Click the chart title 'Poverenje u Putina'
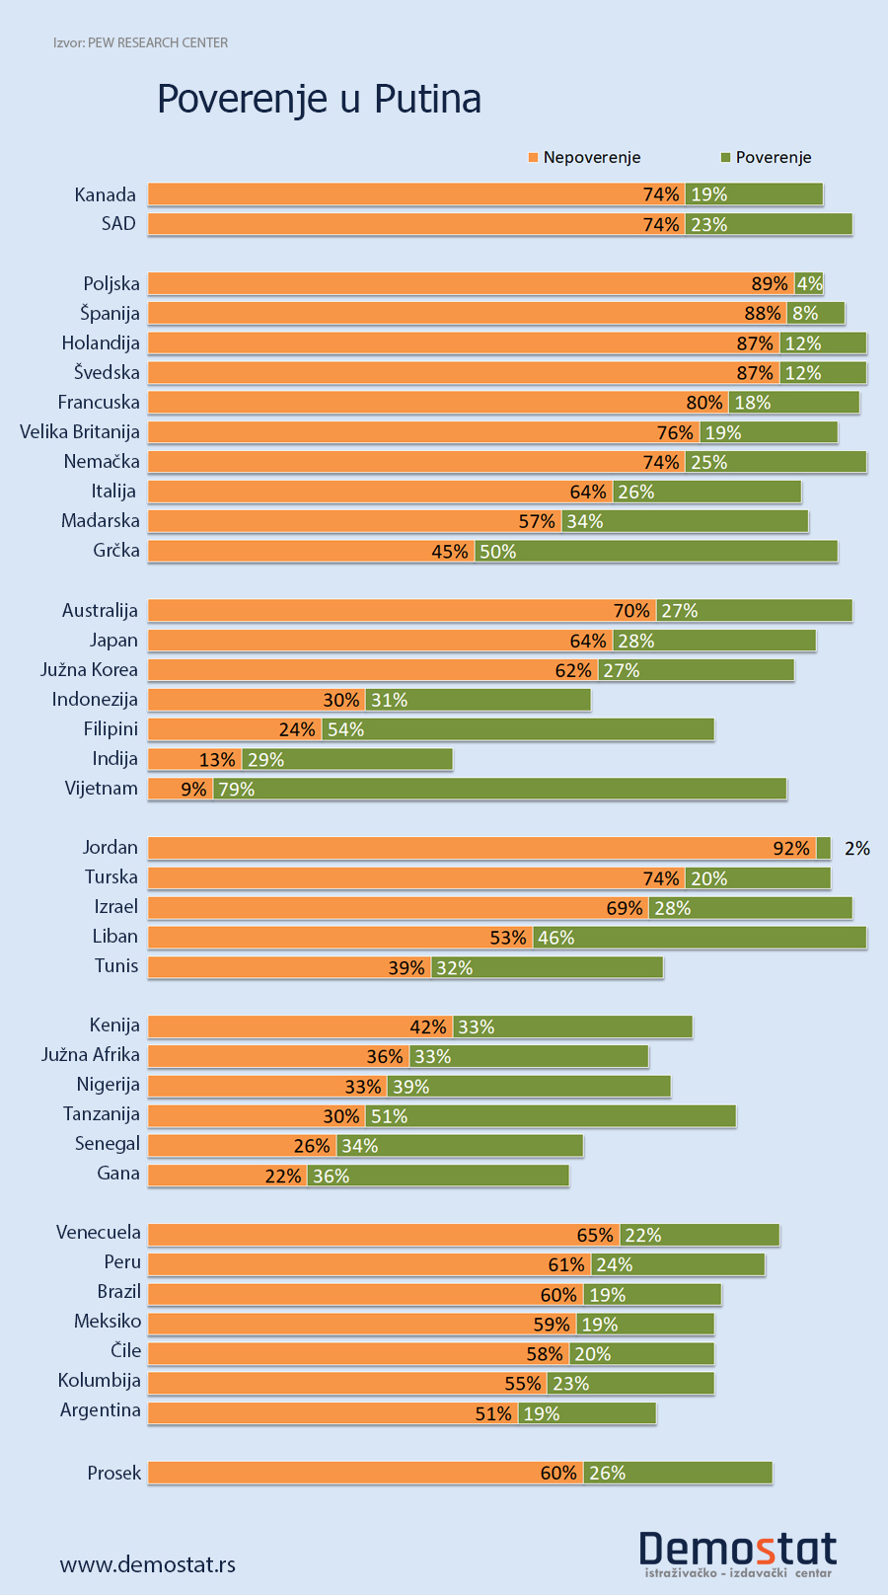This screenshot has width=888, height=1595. click(x=319, y=100)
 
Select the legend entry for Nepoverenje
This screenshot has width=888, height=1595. click(x=585, y=158)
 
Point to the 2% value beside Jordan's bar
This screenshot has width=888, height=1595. click(x=857, y=849)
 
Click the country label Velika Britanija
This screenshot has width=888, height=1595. click(x=80, y=432)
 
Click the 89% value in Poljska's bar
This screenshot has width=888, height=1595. click(x=770, y=284)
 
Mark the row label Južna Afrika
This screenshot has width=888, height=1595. click(x=91, y=1055)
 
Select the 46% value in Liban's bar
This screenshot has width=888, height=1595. click(x=556, y=938)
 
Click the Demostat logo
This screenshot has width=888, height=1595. click(x=737, y=1553)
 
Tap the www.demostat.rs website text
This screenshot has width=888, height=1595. click(x=148, y=1564)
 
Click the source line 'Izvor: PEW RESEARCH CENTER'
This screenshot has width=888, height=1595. click(x=141, y=43)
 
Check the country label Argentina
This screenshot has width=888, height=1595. click(x=101, y=1410)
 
